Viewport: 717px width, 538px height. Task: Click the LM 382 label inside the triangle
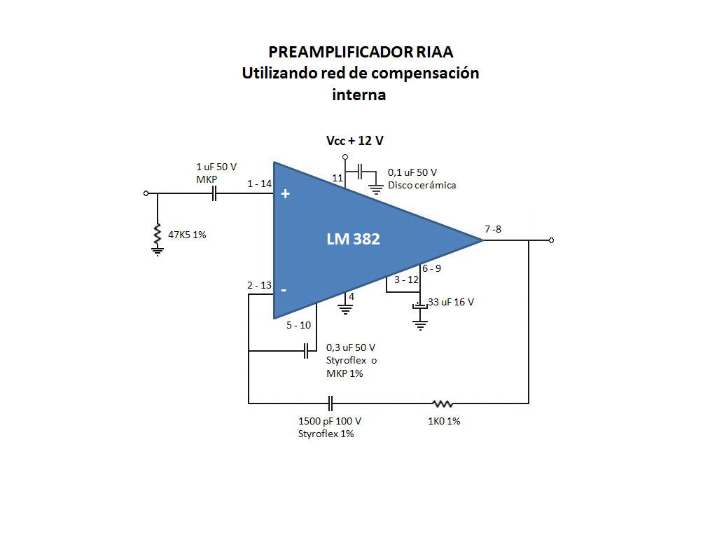click(353, 239)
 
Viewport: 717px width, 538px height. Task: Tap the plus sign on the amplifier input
click(286, 194)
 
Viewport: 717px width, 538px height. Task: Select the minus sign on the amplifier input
click(284, 290)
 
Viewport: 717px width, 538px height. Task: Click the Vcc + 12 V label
click(355, 140)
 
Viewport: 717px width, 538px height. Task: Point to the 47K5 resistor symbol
click(158, 234)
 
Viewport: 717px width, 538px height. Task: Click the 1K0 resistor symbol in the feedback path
click(443, 403)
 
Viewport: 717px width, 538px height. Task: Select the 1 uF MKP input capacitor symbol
click(214, 193)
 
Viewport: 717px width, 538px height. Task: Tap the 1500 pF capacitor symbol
click(330, 403)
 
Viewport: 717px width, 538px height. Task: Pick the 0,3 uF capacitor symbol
click(307, 352)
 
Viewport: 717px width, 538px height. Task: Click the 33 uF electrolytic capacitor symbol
click(420, 305)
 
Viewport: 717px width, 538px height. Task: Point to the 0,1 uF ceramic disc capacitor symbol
click(361, 172)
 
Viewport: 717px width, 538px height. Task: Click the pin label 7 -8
click(493, 229)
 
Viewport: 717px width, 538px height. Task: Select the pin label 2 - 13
click(259, 285)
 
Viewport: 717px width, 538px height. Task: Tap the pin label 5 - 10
click(298, 325)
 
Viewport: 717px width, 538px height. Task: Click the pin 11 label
click(337, 178)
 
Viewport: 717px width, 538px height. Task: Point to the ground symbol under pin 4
click(345, 310)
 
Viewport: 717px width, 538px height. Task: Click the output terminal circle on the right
click(551, 240)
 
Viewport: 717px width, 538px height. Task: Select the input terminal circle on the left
click(146, 193)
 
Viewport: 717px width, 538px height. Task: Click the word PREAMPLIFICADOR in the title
click(340, 52)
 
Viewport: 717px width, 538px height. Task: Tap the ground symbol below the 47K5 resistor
click(158, 251)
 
